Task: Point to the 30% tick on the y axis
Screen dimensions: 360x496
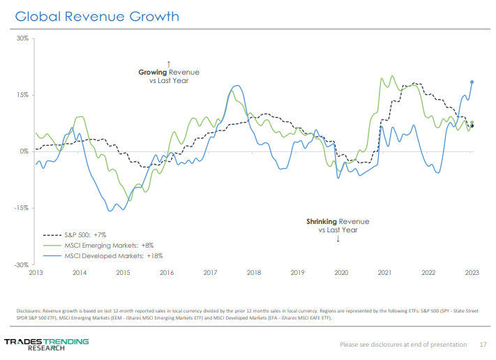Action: pyautogui.click(x=24, y=38)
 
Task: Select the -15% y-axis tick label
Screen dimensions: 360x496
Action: pyautogui.click(x=22, y=208)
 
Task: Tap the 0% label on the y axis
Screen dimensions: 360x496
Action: pyautogui.click(x=25, y=151)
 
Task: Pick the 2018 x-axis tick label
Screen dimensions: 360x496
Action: pyautogui.click(x=254, y=272)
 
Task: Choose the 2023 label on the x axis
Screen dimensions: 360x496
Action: pyautogui.click(x=472, y=272)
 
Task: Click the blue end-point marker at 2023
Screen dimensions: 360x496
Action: pyautogui.click(x=472, y=82)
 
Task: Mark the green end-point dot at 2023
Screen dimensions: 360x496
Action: pyautogui.click(x=472, y=123)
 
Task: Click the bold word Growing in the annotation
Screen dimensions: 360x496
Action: pyautogui.click(x=153, y=72)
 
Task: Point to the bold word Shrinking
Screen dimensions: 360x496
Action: pyautogui.click(x=322, y=222)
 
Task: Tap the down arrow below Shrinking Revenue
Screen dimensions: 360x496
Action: pyautogui.click(x=338, y=239)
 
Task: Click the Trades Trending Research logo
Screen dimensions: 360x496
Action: pyautogui.click(x=46, y=343)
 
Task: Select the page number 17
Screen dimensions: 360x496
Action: pyautogui.click(x=483, y=345)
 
